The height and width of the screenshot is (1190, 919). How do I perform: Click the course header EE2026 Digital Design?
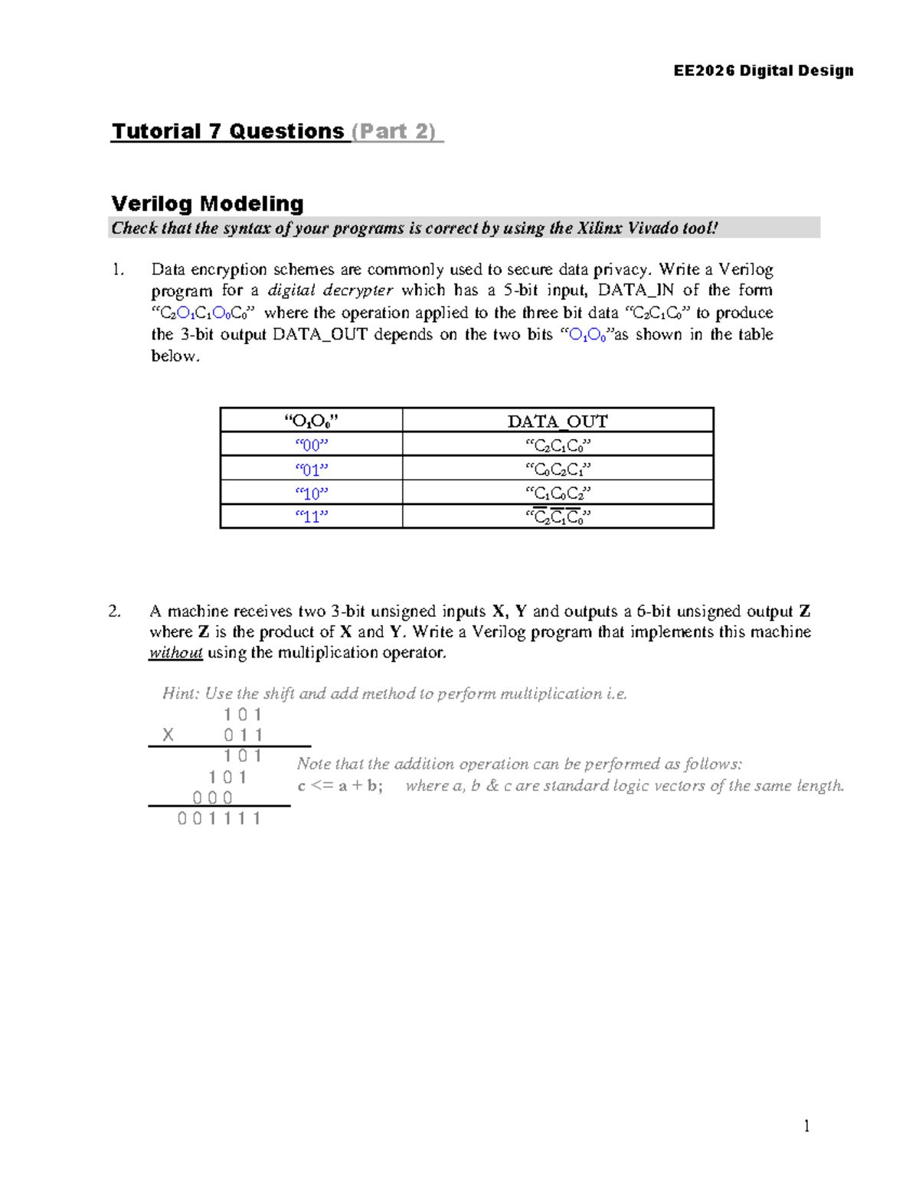coord(763,70)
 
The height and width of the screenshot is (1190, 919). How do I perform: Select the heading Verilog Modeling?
coord(208,203)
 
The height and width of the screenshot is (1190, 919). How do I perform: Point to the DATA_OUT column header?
coord(558,421)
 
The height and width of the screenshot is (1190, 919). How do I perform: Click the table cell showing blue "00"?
coord(311,444)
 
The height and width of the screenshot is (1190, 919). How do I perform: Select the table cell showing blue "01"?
coord(311,469)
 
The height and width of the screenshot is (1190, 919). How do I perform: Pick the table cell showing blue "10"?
coord(311,493)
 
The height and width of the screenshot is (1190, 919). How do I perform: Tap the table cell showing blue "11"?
coord(311,516)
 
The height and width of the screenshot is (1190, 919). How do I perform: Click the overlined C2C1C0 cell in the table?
coord(558,517)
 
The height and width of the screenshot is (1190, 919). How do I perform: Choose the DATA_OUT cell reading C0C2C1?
coord(558,469)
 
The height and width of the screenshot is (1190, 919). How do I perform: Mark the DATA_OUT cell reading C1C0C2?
coord(558,493)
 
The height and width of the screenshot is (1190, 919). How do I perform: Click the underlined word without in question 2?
coord(175,653)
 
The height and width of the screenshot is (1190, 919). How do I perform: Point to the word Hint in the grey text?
coord(179,693)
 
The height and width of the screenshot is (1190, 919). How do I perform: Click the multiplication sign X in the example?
coord(168,736)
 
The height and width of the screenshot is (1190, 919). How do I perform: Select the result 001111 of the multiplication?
coord(219,818)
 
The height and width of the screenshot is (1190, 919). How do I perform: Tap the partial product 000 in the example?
coord(212,798)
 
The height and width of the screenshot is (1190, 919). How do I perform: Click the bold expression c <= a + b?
coord(340,785)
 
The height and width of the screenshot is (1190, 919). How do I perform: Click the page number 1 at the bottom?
coord(806,1126)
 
